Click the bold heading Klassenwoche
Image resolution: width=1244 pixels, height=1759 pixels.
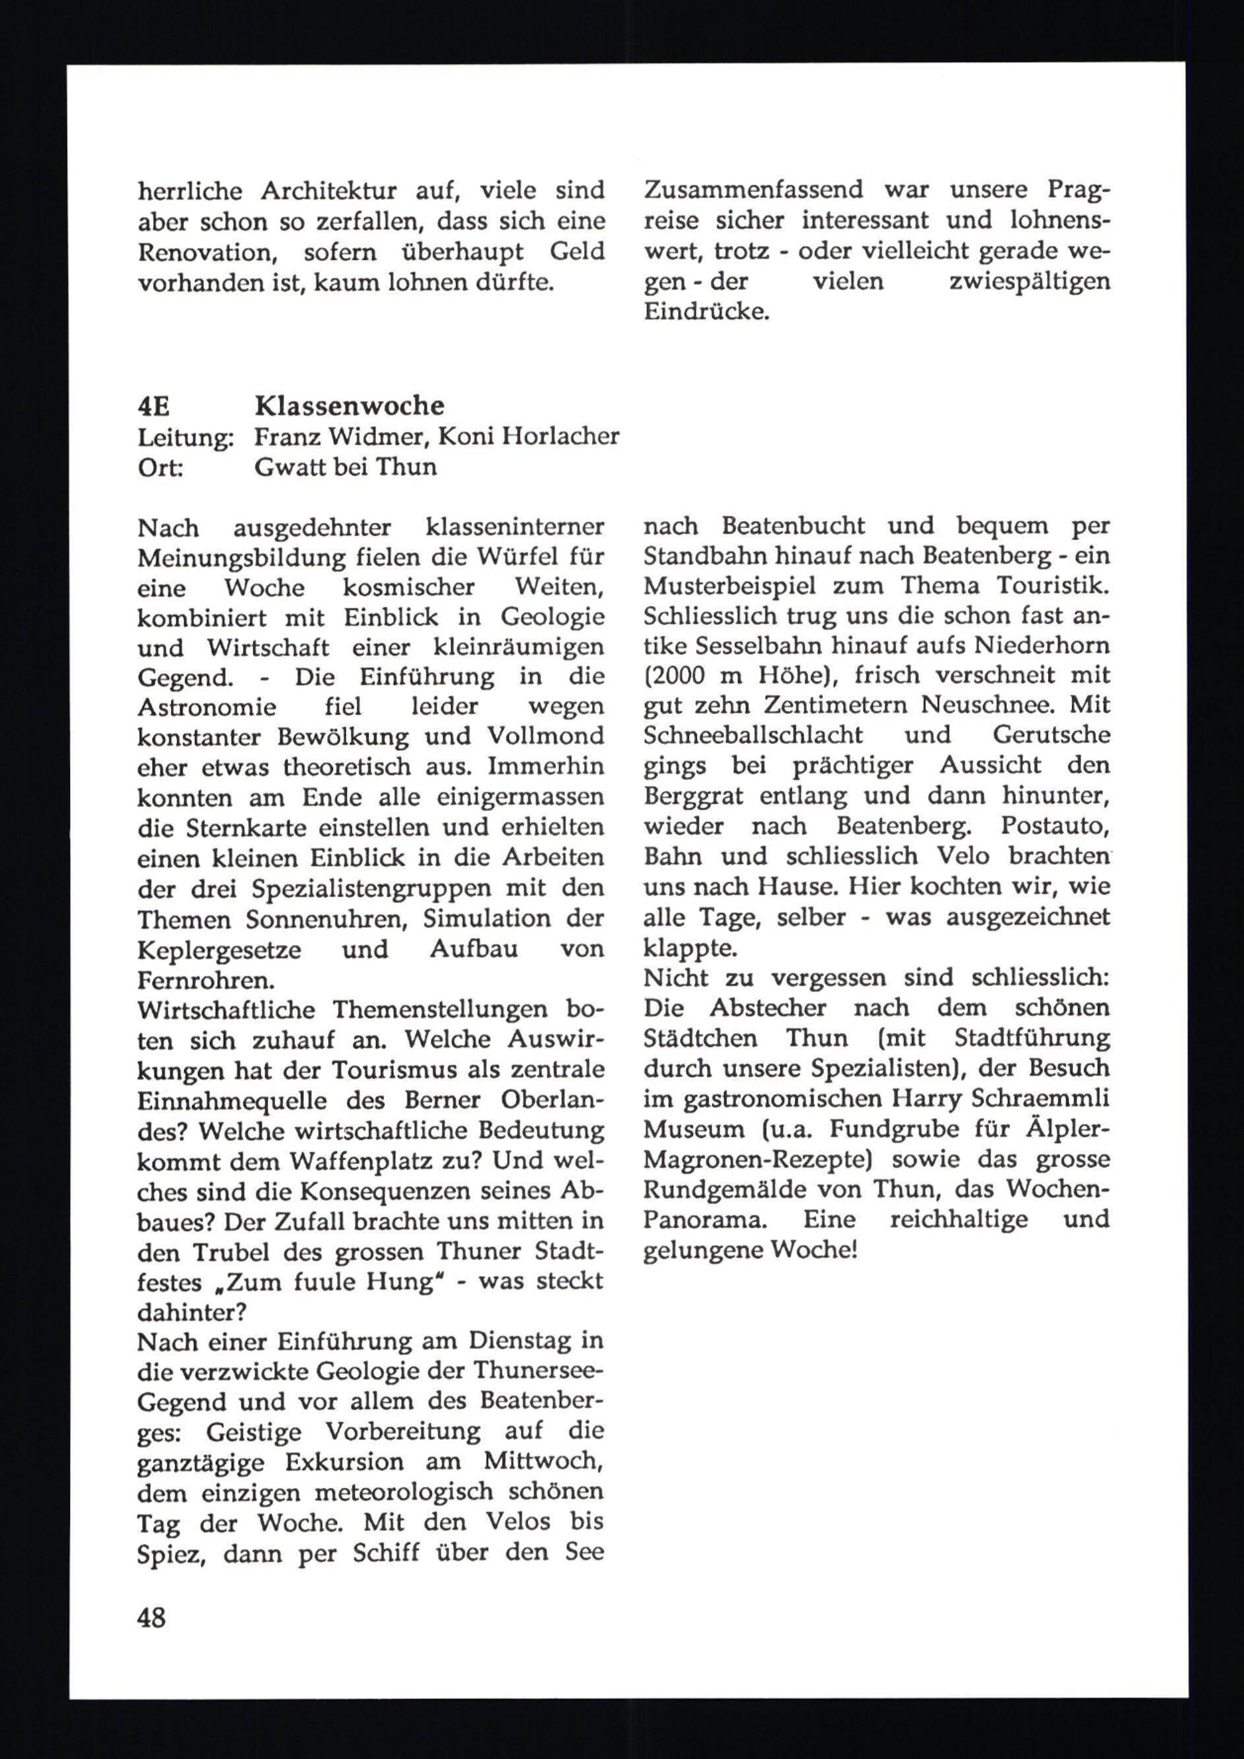pyautogui.click(x=350, y=406)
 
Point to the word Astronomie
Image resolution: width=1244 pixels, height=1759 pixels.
pyautogui.click(x=207, y=707)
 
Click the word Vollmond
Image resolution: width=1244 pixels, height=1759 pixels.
pyautogui.click(x=545, y=736)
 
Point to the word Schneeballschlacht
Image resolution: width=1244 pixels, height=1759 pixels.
pyautogui.click(x=753, y=735)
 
